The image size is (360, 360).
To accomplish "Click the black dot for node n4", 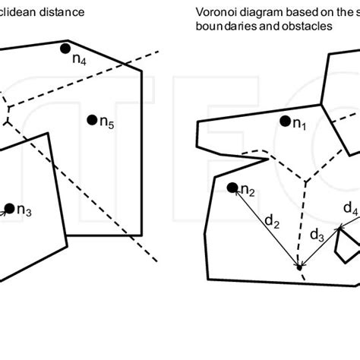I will pyautogui.click(x=68, y=49).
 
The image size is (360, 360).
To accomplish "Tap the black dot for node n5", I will pyautogui.click(x=92, y=118).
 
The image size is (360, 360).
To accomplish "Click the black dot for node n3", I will pyautogui.click(x=9, y=207).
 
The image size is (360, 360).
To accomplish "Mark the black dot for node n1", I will pyautogui.click(x=284, y=120).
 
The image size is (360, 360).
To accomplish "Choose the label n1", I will pyautogui.click(x=299, y=125).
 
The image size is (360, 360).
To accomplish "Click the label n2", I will pyautogui.click(x=248, y=191).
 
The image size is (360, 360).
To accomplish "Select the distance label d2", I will pyautogui.click(x=271, y=223).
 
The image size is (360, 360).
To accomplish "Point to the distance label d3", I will pyautogui.click(x=317, y=235).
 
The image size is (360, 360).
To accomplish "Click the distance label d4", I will pyautogui.click(x=350, y=208).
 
